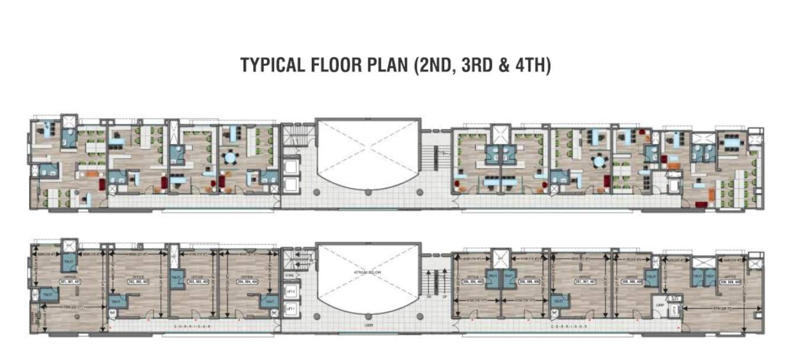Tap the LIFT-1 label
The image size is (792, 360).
[290, 309]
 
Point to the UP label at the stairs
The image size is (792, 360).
[443, 297]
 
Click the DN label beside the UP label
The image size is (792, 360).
[429, 297]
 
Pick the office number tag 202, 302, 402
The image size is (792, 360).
[138, 282]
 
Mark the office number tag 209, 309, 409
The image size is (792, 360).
[727, 282]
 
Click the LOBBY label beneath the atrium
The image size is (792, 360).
[368, 326]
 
